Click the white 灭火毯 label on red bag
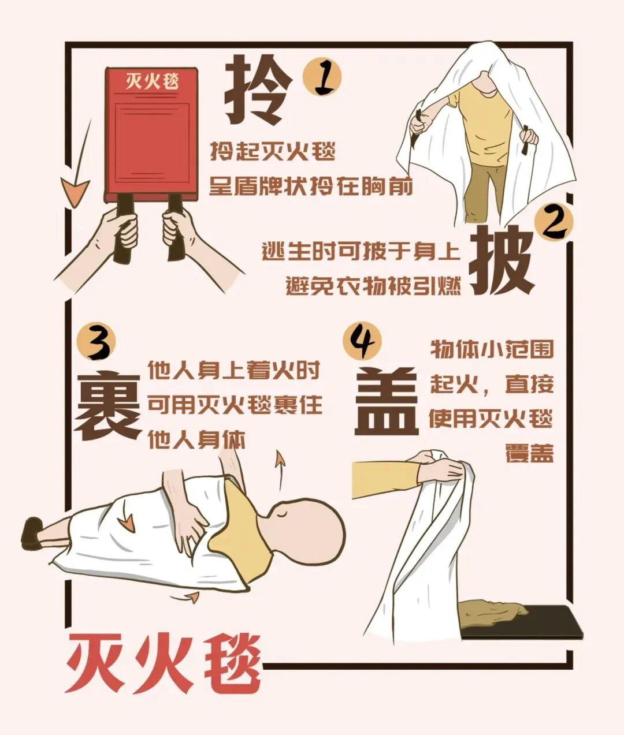[x=152, y=81]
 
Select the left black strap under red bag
[x=124, y=228]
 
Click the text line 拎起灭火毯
[x=272, y=153]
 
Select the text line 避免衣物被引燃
[x=373, y=285]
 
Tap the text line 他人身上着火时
[x=233, y=370]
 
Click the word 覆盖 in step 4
[x=529, y=453]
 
